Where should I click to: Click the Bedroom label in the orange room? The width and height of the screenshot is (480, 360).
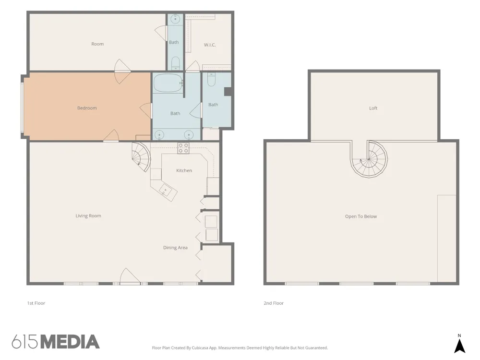pos(87,108)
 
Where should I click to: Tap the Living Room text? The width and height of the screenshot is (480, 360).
pos(88,216)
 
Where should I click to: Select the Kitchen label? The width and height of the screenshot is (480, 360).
pos(184,170)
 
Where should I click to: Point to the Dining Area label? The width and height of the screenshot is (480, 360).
pos(175,248)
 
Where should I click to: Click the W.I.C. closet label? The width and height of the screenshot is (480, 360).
pos(210,45)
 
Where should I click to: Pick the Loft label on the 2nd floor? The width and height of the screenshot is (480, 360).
pos(373,108)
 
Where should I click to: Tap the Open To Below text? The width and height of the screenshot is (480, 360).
pos(361,216)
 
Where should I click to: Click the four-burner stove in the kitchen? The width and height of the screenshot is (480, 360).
pos(183,148)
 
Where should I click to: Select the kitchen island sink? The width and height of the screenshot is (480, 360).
pos(165,191)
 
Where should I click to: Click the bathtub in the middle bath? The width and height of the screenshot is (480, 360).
pos(168,83)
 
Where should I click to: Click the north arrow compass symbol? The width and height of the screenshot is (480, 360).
pos(459,344)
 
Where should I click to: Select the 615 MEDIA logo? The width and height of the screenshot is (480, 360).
pos(56,342)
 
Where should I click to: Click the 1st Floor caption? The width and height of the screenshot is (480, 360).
pos(36,303)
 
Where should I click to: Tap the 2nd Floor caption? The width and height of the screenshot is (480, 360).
pos(274,303)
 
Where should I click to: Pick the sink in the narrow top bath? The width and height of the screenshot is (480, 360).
pos(175,19)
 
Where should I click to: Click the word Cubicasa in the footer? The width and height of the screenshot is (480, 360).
pos(200,348)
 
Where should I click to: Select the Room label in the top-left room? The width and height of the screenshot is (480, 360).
pos(97,44)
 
